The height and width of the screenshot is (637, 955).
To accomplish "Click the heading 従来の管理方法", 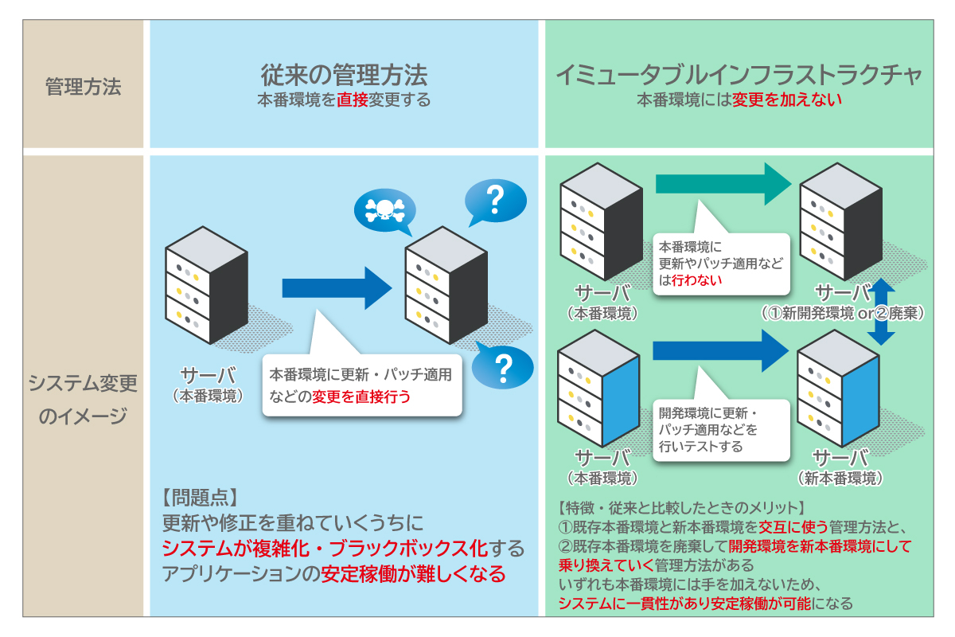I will click(x=344, y=75).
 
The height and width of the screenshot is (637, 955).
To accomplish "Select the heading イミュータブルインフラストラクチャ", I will click(x=739, y=75).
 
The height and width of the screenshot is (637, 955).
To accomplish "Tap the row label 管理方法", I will click(x=84, y=87).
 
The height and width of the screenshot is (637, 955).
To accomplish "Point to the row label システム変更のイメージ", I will click(x=84, y=399).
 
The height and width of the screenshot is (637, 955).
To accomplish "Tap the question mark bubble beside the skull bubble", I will click(x=495, y=201).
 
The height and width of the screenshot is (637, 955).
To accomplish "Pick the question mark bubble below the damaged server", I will click(x=502, y=367).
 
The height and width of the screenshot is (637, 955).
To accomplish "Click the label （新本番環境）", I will click(x=840, y=478).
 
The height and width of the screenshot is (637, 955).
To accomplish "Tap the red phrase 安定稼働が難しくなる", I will click(x=413, y=573).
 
